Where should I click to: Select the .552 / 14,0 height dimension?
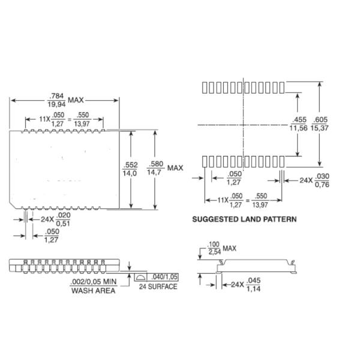coord(130,169)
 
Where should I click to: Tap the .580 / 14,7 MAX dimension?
coord(165,168)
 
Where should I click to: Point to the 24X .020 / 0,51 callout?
coord(56,219)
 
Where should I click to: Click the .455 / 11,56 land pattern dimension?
coord(298,124)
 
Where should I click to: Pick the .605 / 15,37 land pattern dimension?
coord(320,124)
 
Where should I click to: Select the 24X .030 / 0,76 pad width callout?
coord(314,181)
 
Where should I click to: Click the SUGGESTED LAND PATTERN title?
coord(244,219)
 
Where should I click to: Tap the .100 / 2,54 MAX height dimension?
coord(222,248)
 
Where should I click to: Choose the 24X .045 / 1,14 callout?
coord(245,284)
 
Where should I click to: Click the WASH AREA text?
coord(93,290)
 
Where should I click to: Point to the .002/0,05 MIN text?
coord(94,282)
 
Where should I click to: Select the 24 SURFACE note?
coord(158,287)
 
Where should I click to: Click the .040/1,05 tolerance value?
coord(164,277)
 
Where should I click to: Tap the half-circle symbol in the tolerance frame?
coord(140,277)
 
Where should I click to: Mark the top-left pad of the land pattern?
coord(205,88)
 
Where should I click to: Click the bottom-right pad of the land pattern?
coord(282,161)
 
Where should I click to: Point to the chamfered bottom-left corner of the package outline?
coord(13,205)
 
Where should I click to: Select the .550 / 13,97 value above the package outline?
coord(82,119)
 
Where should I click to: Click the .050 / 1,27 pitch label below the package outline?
coord(52,236)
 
